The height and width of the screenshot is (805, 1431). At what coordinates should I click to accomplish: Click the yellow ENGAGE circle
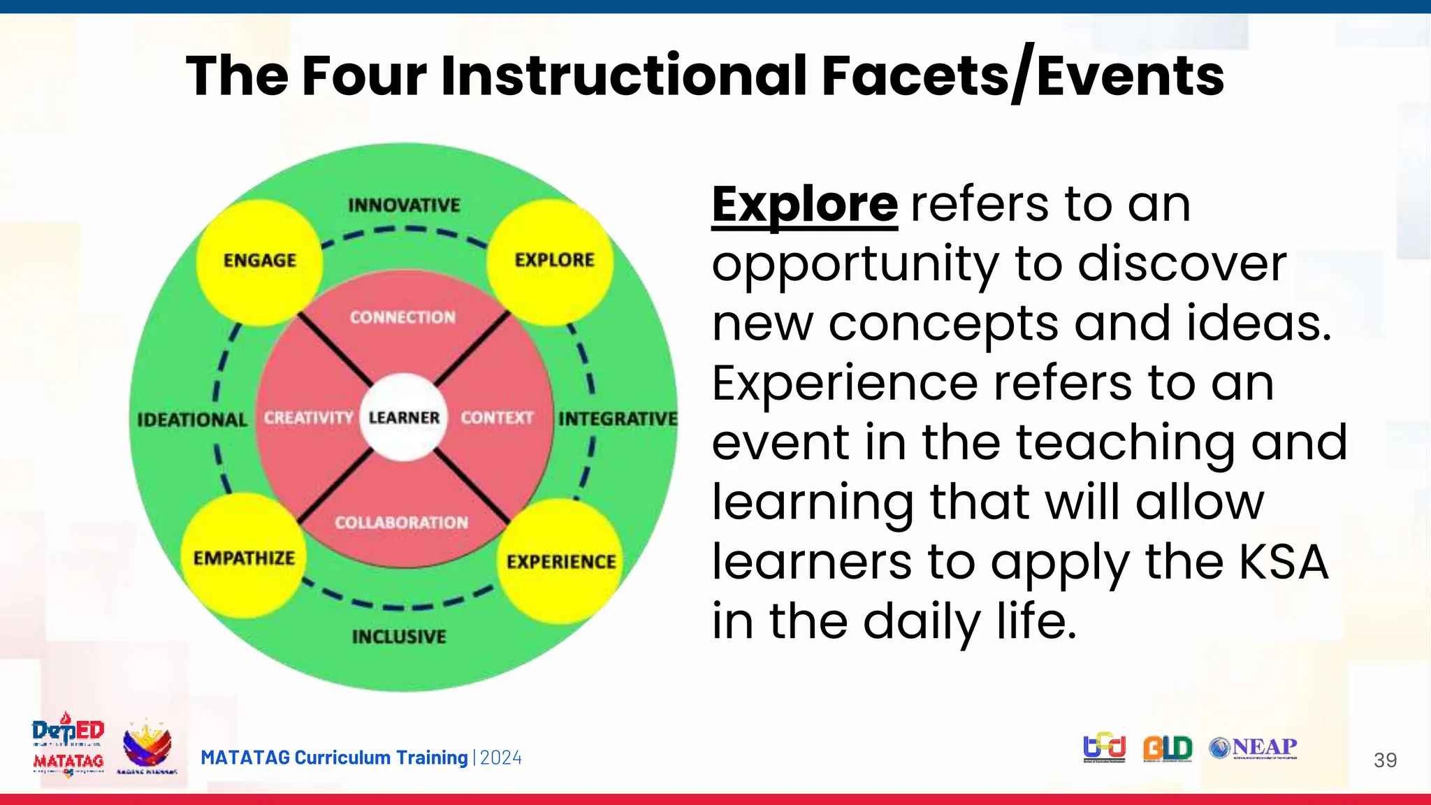pos(259,261)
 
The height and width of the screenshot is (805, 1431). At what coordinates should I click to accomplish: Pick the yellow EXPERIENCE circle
pos(561,561)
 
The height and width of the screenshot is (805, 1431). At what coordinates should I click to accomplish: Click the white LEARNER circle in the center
pos(403,417)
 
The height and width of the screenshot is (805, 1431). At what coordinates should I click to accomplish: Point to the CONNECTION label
pos(402,317)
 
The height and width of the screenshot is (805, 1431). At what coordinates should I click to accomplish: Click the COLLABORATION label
pos(401,523)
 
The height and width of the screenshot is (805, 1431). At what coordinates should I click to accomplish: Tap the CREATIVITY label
pos(308,418)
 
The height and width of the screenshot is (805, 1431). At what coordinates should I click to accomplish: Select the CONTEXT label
pos(497,418)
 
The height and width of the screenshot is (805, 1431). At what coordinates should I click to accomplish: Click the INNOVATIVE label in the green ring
pos(404,205)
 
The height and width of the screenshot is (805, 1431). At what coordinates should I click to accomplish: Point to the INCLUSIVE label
pos(399,637)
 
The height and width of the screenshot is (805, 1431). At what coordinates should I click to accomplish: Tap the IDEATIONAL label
pos(192,420)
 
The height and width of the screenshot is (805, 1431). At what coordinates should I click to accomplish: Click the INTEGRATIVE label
pos(618,419)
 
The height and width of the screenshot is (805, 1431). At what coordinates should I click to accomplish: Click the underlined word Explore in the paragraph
pos(804,205)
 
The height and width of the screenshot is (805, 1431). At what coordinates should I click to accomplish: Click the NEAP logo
pos(1253,748)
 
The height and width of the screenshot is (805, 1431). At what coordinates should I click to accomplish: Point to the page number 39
pos(1385,760)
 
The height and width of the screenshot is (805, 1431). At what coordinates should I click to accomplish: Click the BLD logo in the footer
pos(1168,748)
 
